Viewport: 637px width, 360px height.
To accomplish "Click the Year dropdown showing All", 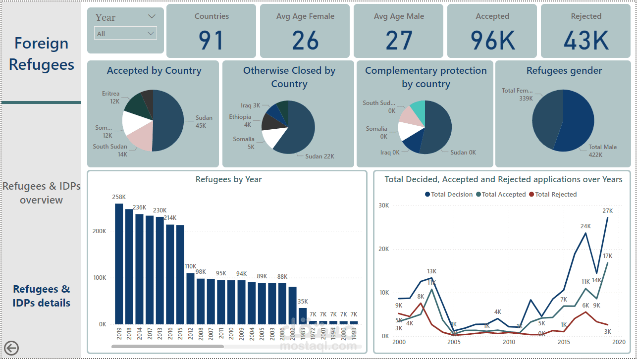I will click(125, 34).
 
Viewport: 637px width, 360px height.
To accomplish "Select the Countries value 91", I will click(211, 41).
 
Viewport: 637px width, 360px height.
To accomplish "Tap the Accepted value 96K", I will click(492, 41).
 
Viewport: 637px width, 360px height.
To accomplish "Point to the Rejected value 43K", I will click(586, 41).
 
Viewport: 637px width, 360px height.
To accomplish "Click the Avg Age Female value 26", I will click(305, 41).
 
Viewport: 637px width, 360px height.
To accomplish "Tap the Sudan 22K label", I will click(319, 156).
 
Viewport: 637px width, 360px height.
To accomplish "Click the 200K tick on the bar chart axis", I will click(99, 231).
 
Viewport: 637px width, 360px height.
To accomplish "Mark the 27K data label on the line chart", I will click(608, 211).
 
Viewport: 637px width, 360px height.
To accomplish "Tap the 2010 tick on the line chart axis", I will click(509, 342).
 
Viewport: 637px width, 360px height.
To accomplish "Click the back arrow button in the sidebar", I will click(11, 348).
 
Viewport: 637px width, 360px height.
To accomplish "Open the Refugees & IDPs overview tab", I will click(41, 193).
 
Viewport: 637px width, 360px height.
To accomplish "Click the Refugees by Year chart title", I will click(228, 179).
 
